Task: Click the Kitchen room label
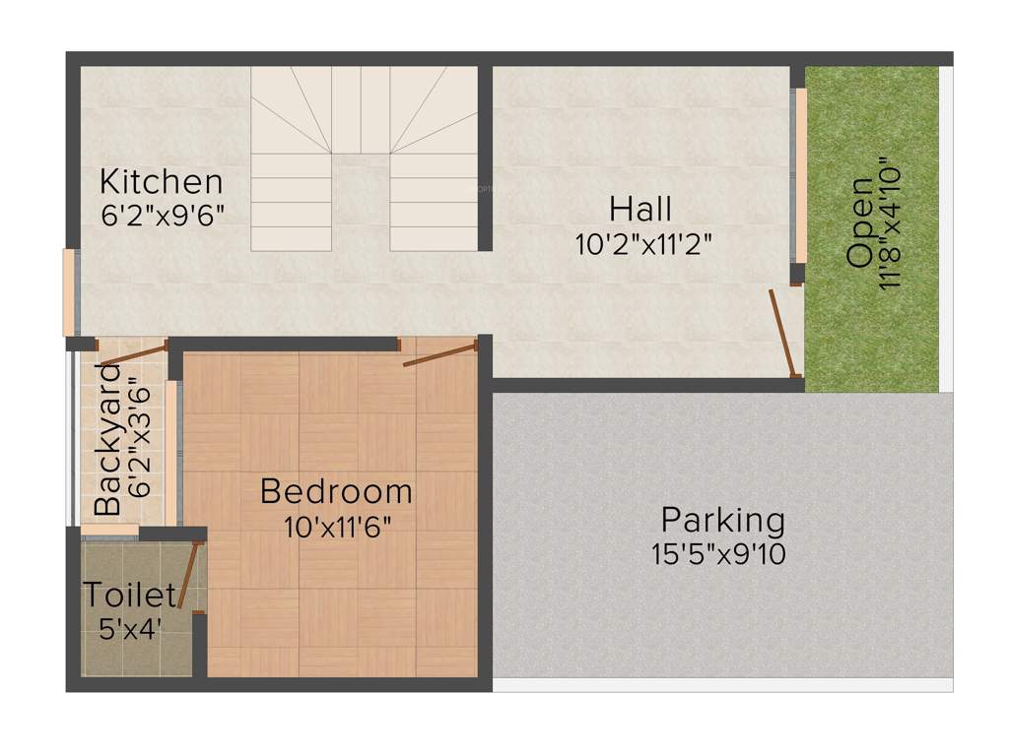click(x=163, y=182)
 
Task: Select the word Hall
click(x=640, y=209)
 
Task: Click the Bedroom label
click(x=336, y=490)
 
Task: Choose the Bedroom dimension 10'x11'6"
click(x=338, y=526)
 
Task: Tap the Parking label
click(x=722, y=519)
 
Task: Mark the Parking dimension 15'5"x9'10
click(x=718, y=554)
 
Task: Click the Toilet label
click(x=129, y=596)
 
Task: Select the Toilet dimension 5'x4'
click(x=130, y=629)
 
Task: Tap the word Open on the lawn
click(x=859, y=222)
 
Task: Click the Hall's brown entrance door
click(x=784, y=332)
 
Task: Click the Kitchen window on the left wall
click(x=69, y=292)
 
